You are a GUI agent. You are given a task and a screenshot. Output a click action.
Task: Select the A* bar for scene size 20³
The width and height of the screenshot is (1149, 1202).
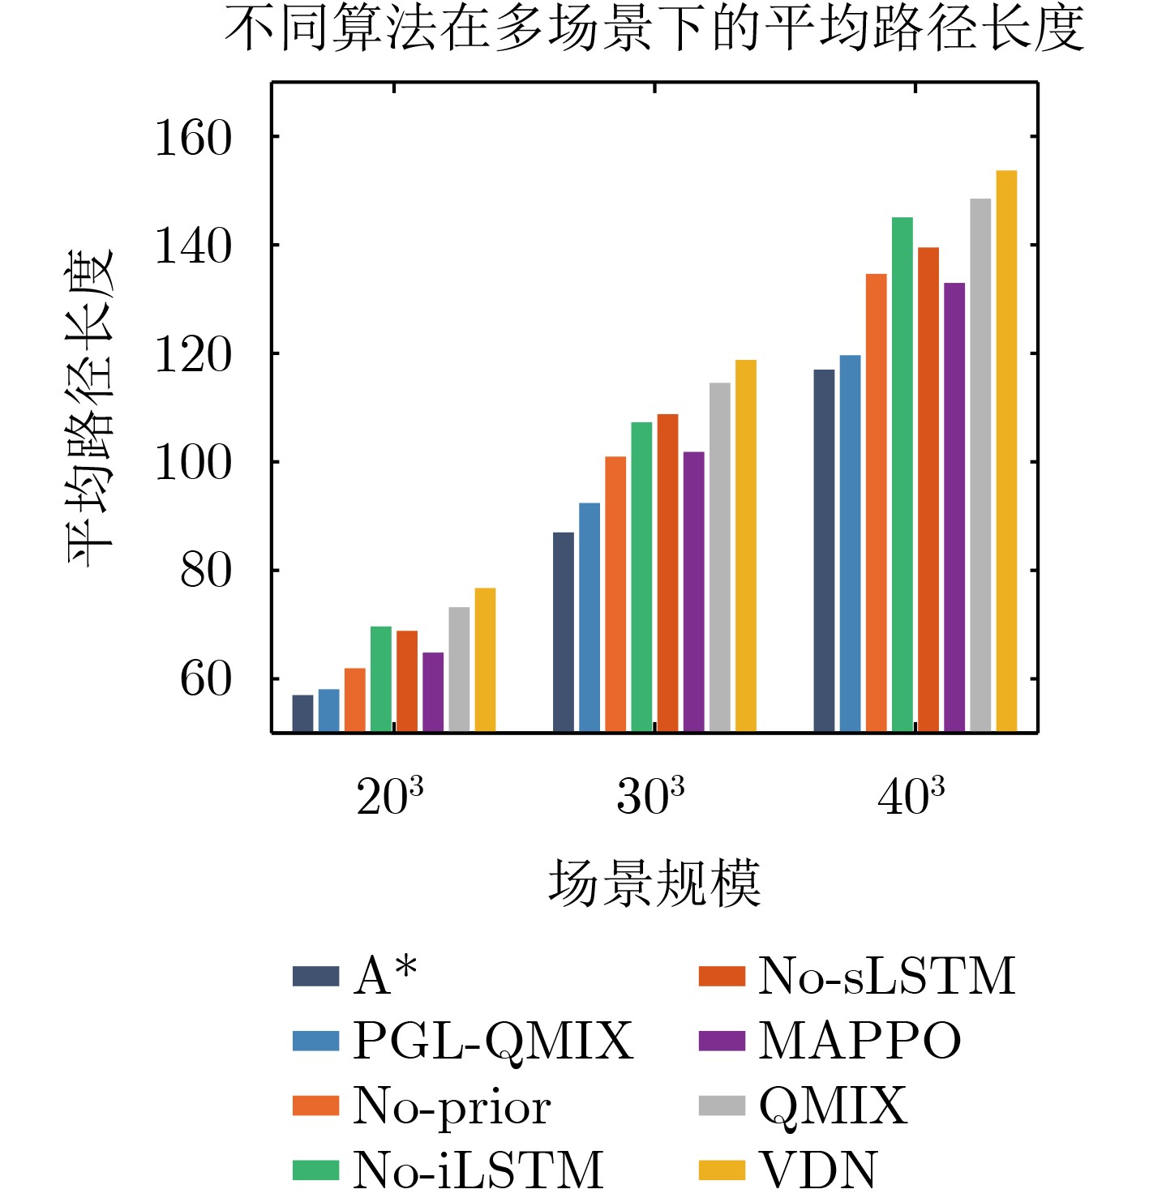[x=302, y=713]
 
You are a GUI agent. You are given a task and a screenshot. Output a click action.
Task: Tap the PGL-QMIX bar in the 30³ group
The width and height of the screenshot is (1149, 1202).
[x=590, y=617]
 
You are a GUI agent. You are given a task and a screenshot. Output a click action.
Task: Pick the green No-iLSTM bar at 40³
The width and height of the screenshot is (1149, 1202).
[x=902, y=474]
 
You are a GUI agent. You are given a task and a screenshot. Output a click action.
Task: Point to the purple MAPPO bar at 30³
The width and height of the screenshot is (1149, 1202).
[x=693, y=592]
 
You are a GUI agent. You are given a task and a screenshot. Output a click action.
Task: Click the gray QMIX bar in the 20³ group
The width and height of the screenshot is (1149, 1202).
[x=459, y=669]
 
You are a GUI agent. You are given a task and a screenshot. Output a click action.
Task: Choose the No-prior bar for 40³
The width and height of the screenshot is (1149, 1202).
[x=876, y=503]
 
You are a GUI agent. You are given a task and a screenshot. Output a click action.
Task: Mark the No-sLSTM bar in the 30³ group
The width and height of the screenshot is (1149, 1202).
[x=667, y=572]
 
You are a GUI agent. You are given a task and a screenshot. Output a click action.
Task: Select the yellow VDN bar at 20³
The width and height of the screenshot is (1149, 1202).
[x=485, y=660]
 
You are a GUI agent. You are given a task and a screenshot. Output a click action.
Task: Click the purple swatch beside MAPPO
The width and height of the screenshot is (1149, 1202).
[x=721, y=1041]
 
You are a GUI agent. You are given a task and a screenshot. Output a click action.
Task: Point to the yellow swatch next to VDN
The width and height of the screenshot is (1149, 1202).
[x=721, y=1170]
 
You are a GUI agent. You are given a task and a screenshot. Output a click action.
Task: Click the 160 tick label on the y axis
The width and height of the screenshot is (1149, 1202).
[x=193, y=139]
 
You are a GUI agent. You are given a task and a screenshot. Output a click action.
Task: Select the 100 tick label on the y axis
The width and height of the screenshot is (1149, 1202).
[x=193, y=463]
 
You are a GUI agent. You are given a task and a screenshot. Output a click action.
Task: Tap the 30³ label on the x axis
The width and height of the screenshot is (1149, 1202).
[x=650, y=797]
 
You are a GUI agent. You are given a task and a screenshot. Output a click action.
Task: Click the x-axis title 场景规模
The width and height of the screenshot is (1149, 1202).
[x=654, y=883]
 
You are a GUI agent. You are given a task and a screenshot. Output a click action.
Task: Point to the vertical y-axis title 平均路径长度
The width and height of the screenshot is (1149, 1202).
[x=89, y=408]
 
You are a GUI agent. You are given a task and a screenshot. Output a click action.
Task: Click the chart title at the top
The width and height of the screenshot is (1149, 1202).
[x=654, y=30]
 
